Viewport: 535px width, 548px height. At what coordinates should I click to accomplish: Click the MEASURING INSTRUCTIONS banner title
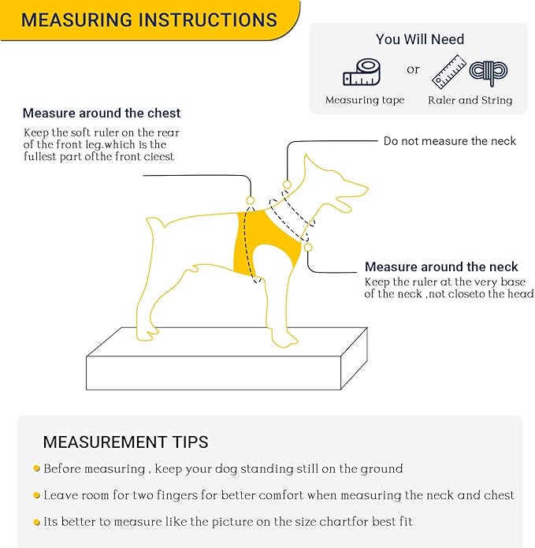[149, 20]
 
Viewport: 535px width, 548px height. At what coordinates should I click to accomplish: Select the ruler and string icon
[469, 71]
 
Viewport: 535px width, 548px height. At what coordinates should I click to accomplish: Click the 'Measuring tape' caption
[365, 100]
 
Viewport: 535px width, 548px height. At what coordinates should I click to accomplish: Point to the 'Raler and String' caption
[470, 100]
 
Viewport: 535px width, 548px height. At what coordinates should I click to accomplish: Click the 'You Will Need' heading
[419, 39]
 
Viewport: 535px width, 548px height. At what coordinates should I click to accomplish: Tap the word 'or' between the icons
[413, 69]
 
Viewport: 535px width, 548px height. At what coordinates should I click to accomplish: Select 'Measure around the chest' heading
[102, 114]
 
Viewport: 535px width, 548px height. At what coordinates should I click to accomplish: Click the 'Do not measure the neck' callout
[449, 141]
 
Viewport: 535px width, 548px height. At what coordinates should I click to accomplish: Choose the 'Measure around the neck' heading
[441, 267]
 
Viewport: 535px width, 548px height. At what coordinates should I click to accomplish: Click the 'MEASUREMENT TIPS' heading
[125, 442]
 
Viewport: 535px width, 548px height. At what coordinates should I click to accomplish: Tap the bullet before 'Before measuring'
[36, 468]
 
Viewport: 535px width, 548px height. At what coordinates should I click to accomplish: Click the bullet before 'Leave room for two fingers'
[36, 495]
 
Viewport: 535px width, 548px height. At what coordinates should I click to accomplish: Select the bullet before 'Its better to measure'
[36, 522]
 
